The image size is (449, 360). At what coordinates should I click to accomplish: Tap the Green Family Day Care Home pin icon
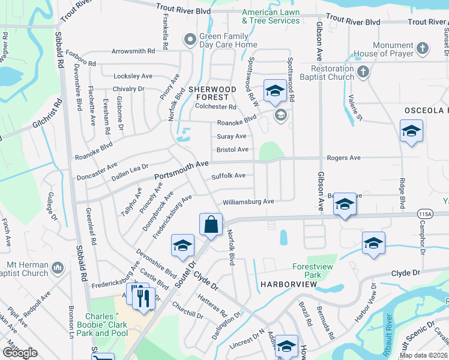(190, 40)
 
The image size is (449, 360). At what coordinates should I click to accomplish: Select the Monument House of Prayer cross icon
(423, 48)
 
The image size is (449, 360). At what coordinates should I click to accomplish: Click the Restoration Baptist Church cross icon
(363, 73)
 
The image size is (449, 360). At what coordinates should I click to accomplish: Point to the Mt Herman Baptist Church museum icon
(58, 266)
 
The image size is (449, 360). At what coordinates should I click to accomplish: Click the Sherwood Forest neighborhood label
(209, 93)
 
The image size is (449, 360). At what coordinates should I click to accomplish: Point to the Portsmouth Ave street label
(181, 170)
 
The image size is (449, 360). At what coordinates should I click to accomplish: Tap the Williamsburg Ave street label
(248, 202)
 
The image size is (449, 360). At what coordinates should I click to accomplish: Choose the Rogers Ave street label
(343, 158)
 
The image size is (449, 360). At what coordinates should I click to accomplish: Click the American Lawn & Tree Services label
(271, 16)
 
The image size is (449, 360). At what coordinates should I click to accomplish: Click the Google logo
(20, 353)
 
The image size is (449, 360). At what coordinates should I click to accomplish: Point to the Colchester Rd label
(216, 107)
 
